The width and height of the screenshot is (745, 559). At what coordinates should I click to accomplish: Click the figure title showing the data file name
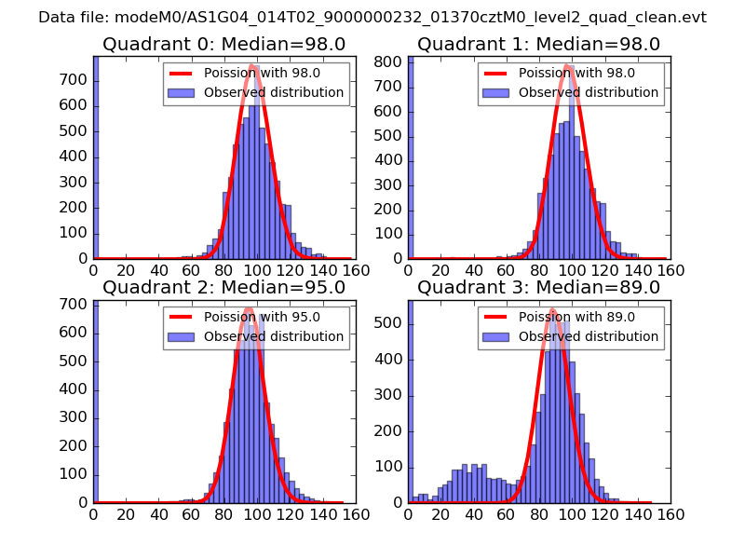pos(372,18)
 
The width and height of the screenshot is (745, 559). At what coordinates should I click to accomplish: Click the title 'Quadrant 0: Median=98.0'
pos(223,44)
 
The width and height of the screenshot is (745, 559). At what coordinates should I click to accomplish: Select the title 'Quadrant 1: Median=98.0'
pos(538,44)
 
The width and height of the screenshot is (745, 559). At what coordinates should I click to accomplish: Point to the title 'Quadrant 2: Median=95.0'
pos(223,287)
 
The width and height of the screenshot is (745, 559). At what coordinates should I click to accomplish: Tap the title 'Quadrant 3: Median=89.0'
pos(538,287)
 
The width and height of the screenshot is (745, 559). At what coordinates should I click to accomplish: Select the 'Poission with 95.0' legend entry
pos(263,317)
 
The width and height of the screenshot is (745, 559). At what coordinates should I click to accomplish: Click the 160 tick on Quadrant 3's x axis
pos(670,513)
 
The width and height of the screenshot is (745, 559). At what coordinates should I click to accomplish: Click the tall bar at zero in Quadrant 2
pos(96,401)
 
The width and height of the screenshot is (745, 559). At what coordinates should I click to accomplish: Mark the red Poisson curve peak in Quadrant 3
pos(551,310)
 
